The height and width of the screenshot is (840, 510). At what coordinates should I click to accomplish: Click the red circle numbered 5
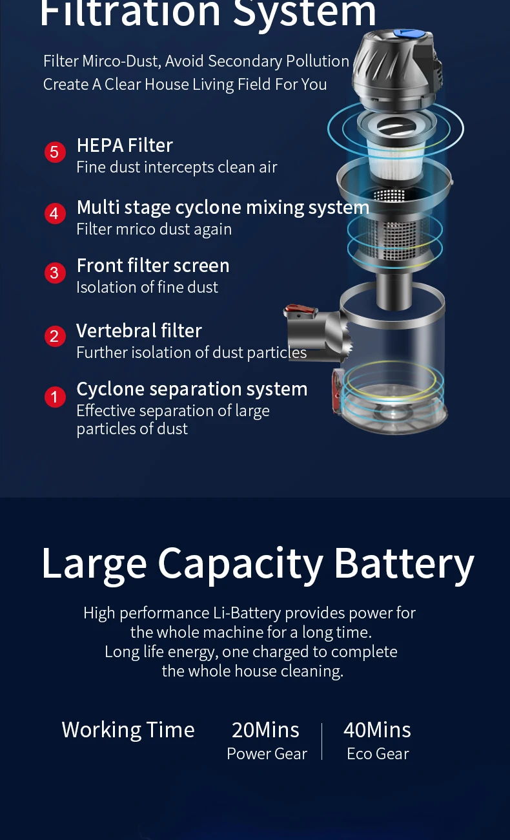55,152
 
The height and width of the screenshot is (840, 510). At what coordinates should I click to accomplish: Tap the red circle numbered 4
55,213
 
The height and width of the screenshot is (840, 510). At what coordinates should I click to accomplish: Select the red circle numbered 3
55,273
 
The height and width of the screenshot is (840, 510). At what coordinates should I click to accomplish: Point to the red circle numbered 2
55,336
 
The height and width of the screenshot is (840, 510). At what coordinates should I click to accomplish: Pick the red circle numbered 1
55,397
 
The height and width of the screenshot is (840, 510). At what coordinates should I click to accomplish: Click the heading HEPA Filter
125,145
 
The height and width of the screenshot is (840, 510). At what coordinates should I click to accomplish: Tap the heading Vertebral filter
139,331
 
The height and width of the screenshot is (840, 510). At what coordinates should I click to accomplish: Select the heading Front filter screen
153,266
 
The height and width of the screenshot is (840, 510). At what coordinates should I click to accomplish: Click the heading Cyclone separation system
192,389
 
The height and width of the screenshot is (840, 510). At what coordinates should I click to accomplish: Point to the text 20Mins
266,730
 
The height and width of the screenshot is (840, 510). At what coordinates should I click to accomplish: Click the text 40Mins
378,730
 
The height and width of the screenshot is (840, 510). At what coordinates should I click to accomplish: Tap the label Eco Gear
378,754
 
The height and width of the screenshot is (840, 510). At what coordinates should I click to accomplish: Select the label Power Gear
267,754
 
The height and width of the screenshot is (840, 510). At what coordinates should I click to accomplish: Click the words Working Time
128,730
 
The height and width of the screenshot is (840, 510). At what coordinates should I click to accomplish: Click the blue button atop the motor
409,34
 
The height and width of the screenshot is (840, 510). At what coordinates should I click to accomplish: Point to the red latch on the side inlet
300,310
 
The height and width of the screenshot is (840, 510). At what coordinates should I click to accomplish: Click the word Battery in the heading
404,564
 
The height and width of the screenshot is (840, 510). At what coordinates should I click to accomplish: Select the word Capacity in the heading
240,565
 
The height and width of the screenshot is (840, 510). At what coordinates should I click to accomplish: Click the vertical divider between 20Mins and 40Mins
322,741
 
